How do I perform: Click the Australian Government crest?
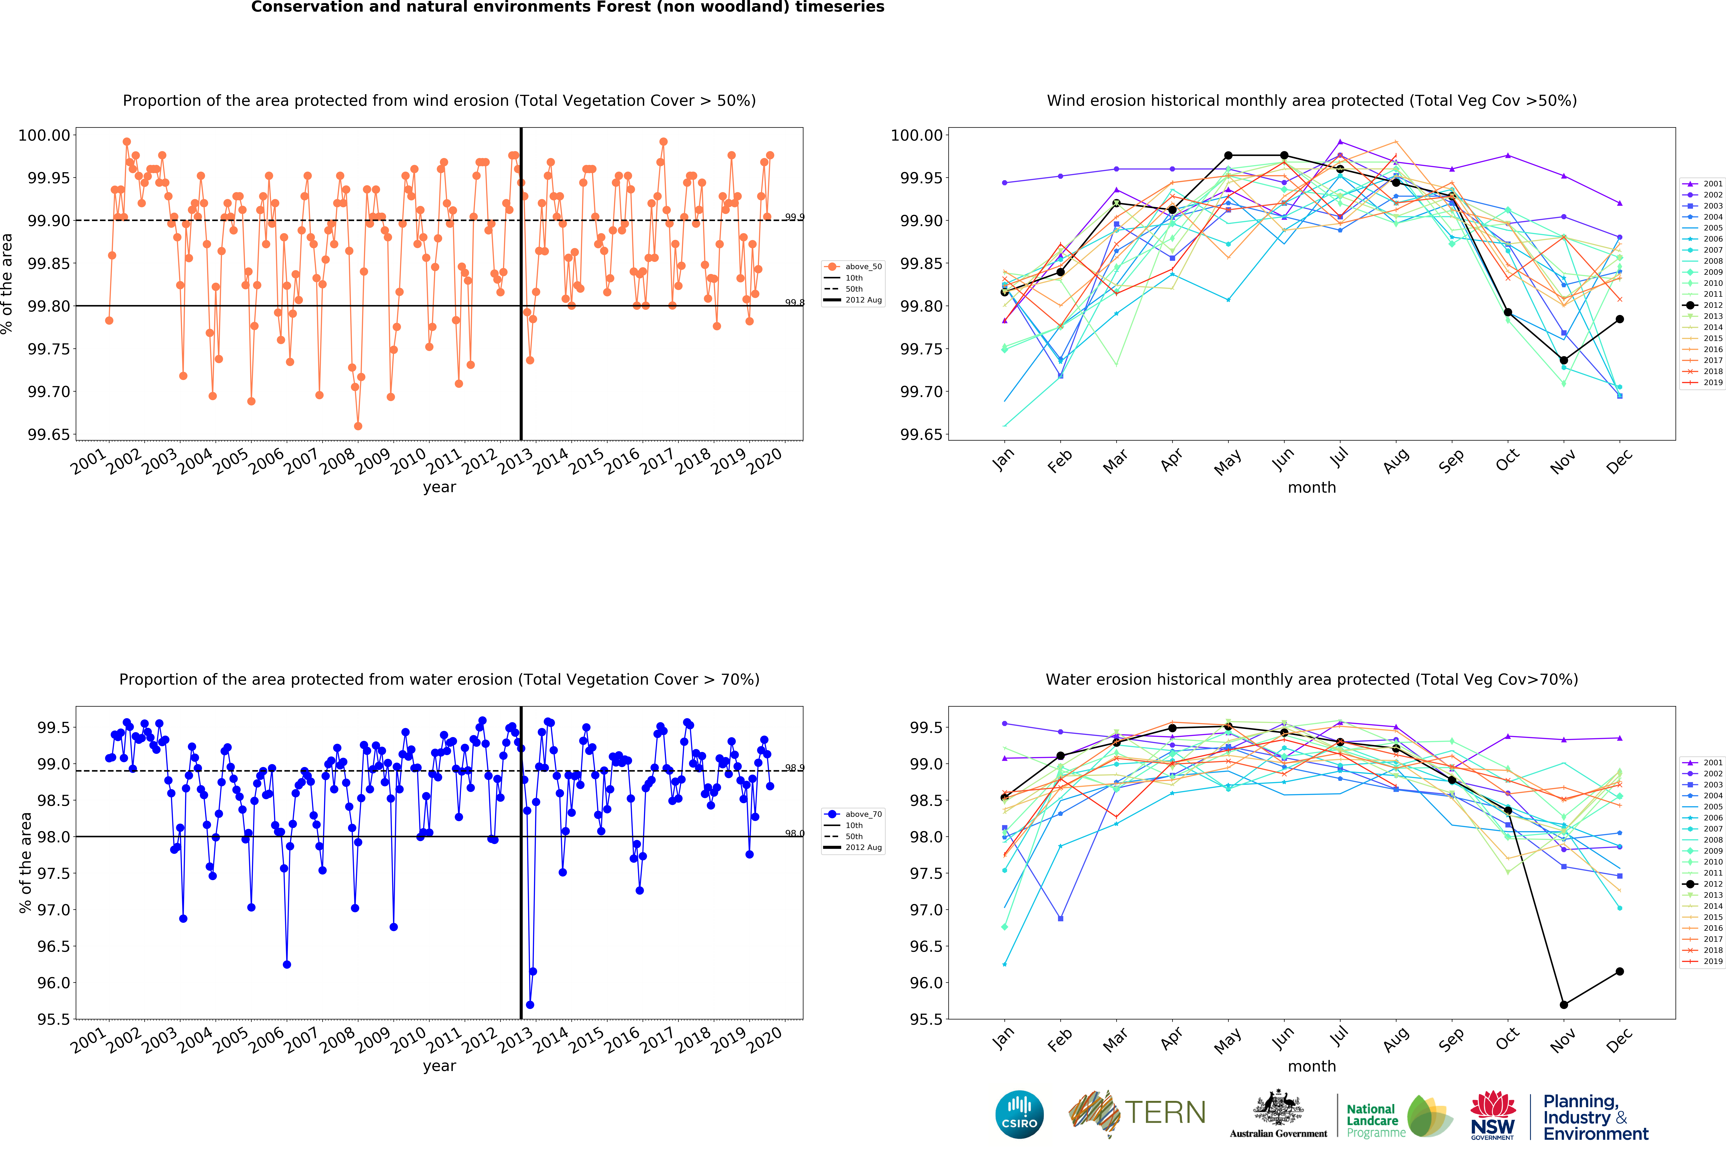coord(1278,1109)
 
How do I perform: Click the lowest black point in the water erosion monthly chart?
coord(1563,1005)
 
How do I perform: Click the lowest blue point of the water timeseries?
coord(529,1005)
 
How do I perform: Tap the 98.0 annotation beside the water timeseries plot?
coord(794,833)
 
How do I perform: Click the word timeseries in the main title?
coord(839,7)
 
